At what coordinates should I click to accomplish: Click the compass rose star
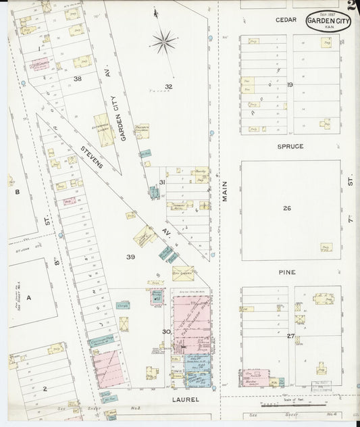click(x=163, y=42)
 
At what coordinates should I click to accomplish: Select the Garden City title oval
click(x=329, y=22)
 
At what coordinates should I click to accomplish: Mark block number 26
click(x=287, y=208)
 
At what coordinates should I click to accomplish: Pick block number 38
click(x=78, y=78)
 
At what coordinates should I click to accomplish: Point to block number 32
click(x=168, y=86)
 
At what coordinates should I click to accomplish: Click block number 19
click(x=289, y=84)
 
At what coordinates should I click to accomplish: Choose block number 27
click(x=290, y=336)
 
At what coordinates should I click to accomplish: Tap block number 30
click(x=165, y=331)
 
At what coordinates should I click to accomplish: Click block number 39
click(x=130, y=257)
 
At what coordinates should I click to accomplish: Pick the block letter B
click(x=18, y=192)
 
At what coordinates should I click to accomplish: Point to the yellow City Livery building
click(x=183, y=273)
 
